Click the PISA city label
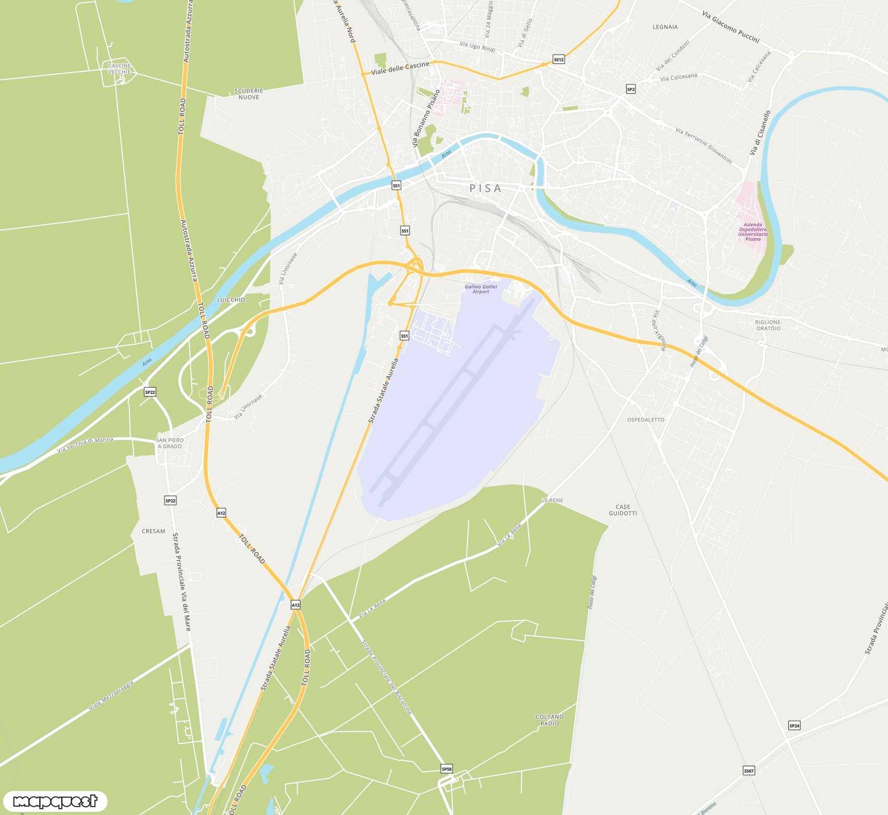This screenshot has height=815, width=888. (x=485, y=189)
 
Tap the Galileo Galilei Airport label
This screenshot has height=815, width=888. (x=481, y=289)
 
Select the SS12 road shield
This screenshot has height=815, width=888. (x=559, y=60)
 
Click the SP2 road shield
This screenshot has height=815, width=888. (x=630, y=89)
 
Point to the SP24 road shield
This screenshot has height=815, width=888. (x=794, y=725)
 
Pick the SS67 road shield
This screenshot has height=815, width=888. (x=749, y=771)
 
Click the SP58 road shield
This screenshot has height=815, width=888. (x=447, y=769)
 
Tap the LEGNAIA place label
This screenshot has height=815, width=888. (x=665, y=27)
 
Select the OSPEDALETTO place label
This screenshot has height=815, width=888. (x=646, y=420)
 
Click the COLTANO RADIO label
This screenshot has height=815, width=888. (x=550, y=720)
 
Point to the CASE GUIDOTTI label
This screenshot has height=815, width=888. (x=623, y=510)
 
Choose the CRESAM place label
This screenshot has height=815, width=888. (x=154, y=531)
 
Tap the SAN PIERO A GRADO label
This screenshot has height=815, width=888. (x=170, y=443)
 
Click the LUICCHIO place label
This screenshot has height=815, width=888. (x=231, y=300)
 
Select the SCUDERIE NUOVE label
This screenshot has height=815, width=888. (x=249, y=94)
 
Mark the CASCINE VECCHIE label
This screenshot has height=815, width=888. (x=120, y=69)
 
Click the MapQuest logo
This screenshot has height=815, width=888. (x=55, y=801)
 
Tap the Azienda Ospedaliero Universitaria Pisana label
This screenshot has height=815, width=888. (x=753, y=232)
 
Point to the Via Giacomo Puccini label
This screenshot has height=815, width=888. (x=730, y=27)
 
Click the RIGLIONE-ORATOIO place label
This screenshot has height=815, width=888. (x=768, y=325)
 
